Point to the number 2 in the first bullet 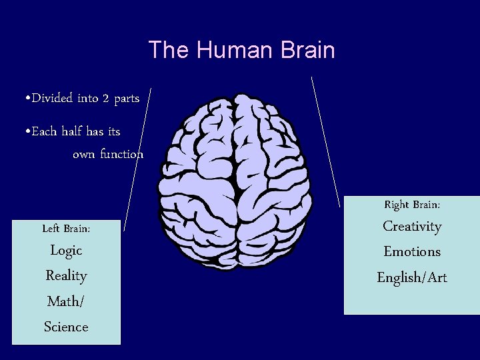tap(105, 99)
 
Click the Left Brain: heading tap(66, 229)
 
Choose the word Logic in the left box tap(66, 250)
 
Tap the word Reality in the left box tap(66, 275)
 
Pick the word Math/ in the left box tap(66, 301)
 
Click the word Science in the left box tap(66, 327)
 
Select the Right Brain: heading tap(412, 205)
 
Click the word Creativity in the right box tap(412, 227)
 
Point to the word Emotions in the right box tap(412, 252)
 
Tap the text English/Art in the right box tap(412, 277)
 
